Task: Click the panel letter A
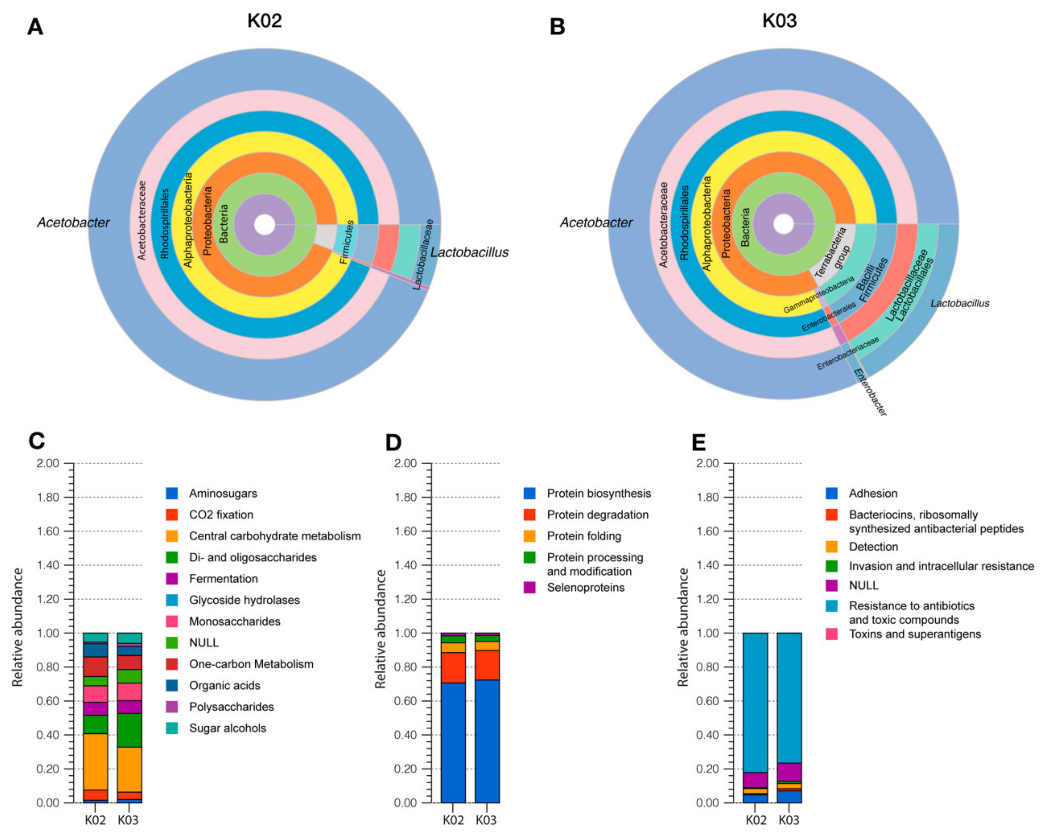click(x=35, y=27)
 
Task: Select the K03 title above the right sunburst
click(x=779, y=21)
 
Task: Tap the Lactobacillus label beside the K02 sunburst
click(x=469, y=252)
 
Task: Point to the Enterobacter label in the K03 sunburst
click(x=870, y=392)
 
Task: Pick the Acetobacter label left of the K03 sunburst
click(x=596, y=223)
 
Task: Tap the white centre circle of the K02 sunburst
click(x=265, y=225)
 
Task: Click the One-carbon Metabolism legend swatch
click(x=171, y=664)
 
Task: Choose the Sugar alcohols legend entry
click(x=227, y=728)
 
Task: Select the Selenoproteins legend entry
click(x=586, y=588)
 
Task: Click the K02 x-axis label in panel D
click(x=453, y=820)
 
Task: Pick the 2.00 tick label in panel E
click(x=708, y=464)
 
